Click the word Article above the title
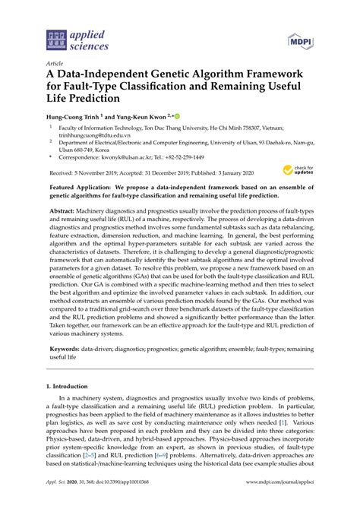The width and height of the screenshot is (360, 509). (55, 63)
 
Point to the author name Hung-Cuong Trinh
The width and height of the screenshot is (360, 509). (71, 119)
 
